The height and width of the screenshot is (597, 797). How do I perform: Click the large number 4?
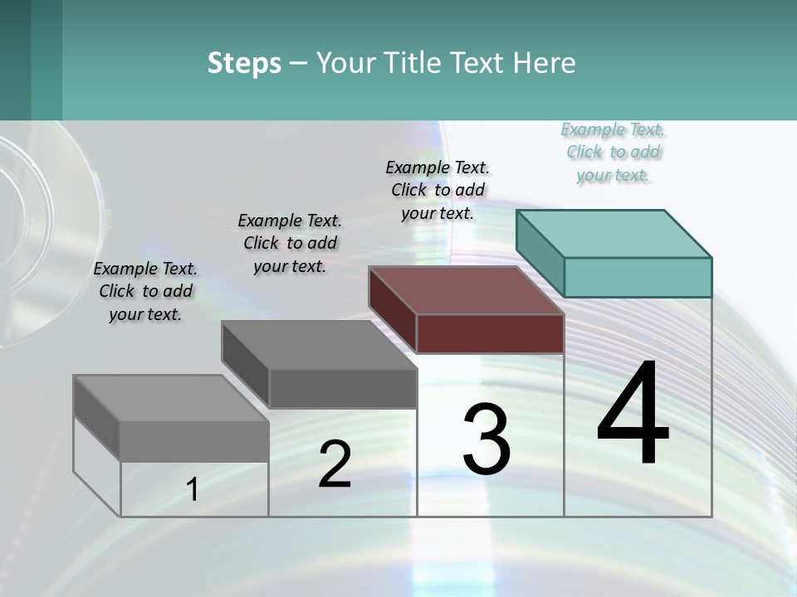pyautogui.click(x=633, y=414)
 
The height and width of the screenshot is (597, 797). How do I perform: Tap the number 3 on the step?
pyautogui.click(x=487, y=439)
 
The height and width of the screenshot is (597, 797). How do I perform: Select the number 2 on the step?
pyautogui.click(x=335, y=464)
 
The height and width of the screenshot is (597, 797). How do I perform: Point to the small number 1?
pyautogui.click(x=193, y=490)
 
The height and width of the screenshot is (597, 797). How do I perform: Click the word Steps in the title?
pyautogui.click(x=244, y=63)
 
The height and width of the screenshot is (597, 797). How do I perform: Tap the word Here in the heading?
pyautogui.click(x=545, y=63)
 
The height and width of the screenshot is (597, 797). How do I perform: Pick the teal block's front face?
pyautogui.click(x=638, y=277)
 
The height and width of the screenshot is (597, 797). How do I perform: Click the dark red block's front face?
pyautogui.click(x=490, y=333)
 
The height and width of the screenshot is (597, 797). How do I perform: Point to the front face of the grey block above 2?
pyautogui.click(x=343, y=388)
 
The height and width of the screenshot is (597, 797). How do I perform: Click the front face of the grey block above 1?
pyautogui.click(x=194, y=441)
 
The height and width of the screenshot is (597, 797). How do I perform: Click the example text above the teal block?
pyautogui.click(x=614, y=153)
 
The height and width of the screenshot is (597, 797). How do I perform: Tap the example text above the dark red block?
pyautogui.click(x=438, y=190)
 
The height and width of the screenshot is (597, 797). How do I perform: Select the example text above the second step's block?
pyautogui.click(x=290, y=243)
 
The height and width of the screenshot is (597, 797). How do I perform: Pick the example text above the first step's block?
pyautogui.click(x=145, y=291)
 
